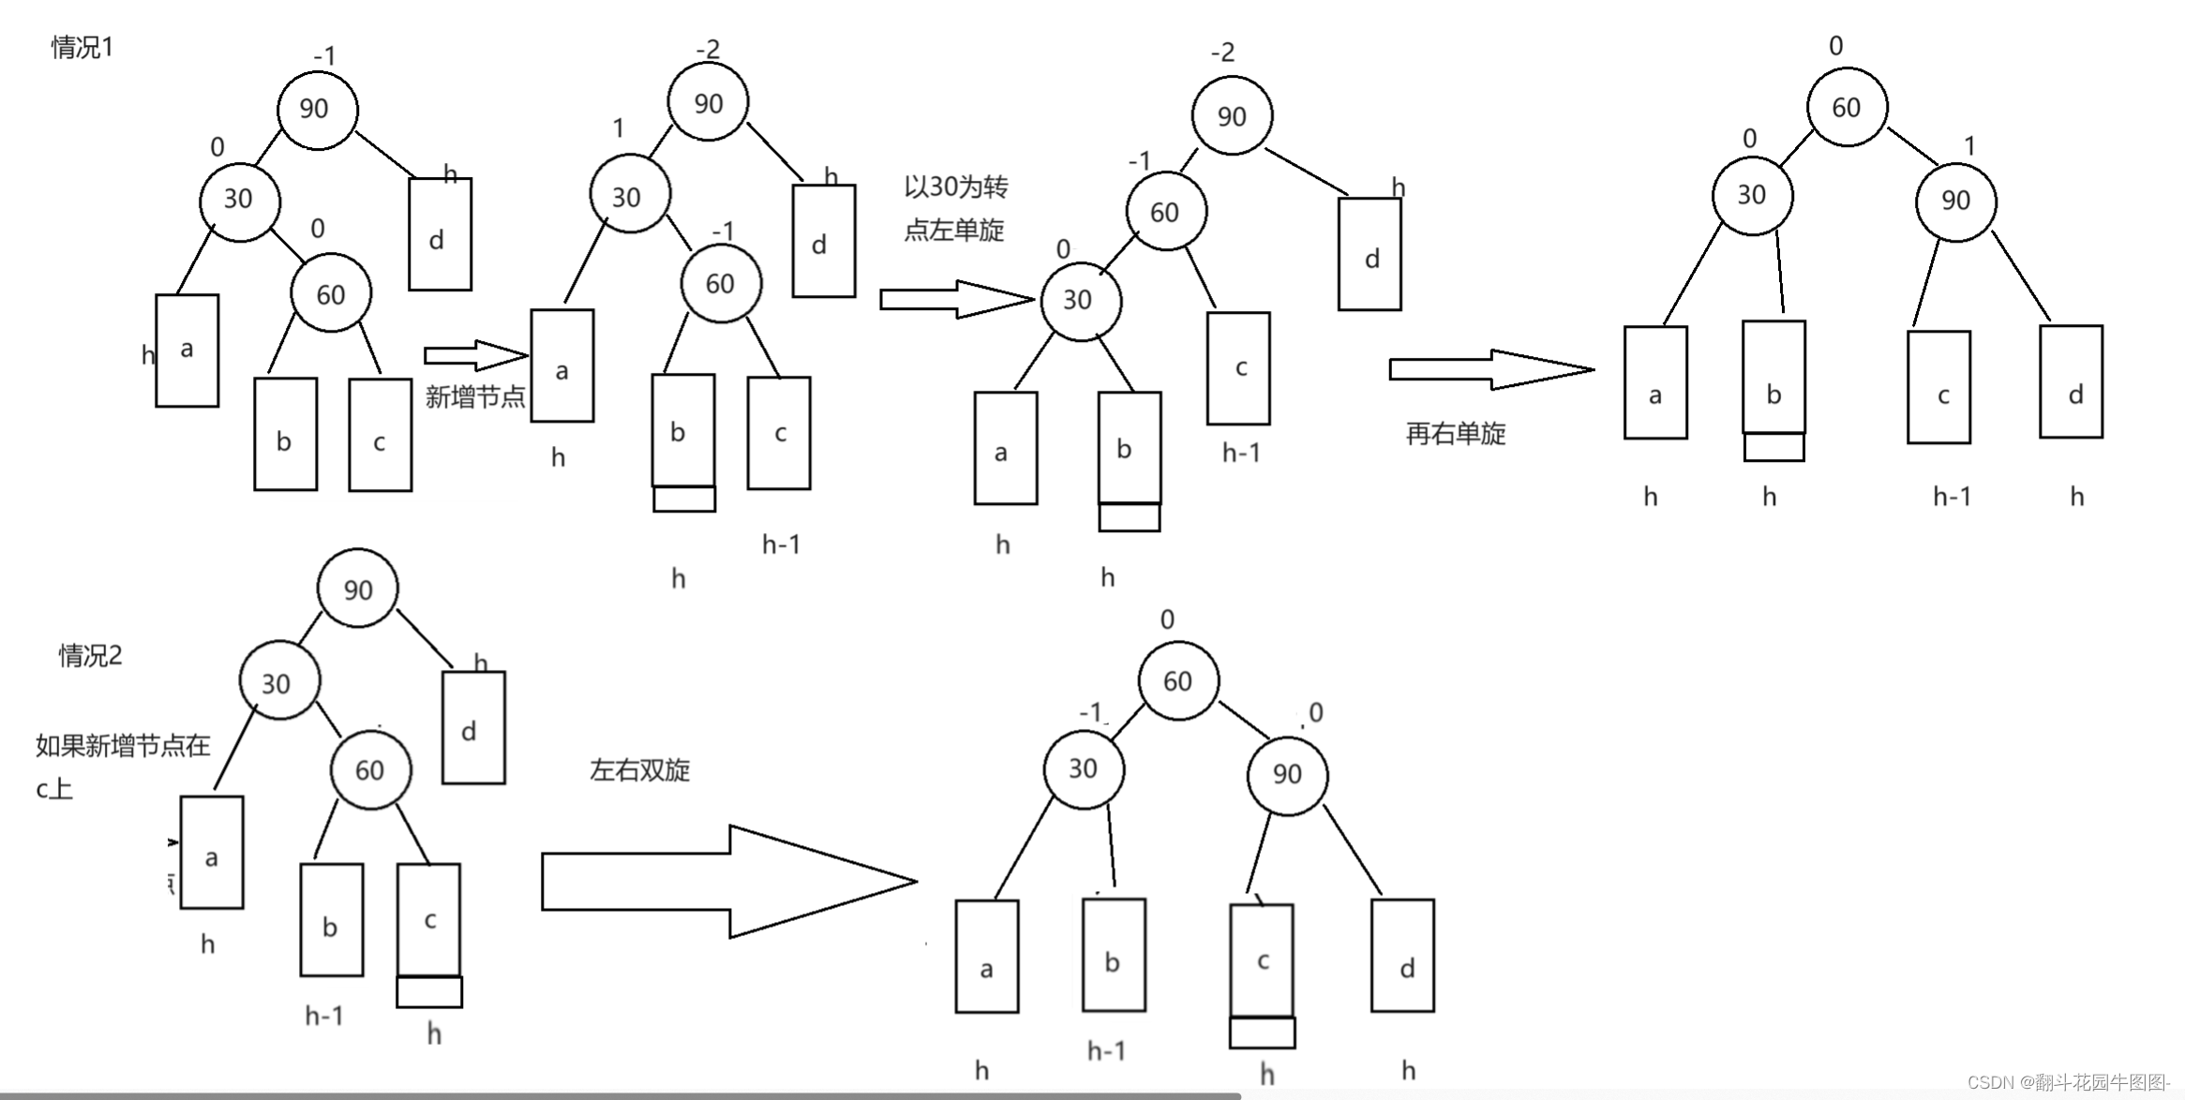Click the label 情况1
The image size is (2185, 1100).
[x=82, y=47]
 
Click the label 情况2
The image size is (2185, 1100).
[x=90, y=655]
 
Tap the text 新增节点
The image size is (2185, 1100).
[x=475, y=397]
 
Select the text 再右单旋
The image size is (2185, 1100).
[x=1456, y=433]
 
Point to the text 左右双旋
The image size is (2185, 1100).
[x=639, y=770]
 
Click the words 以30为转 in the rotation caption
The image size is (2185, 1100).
[x=955, y=187]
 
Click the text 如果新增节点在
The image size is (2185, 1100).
[x=123, y=746]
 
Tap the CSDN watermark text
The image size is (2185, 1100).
[x=2068, y=1082]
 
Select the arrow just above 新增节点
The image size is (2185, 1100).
[x=475, y=355]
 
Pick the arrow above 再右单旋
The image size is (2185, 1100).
[x=1490, y=369]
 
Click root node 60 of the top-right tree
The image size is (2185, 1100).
[x=1846, y=108]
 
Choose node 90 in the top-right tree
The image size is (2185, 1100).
[x=1955, y=201]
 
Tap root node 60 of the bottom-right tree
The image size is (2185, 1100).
[x=1178, y=681]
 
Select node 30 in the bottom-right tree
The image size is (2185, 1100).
[x=1084, y=769]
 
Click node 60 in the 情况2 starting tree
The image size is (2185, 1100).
[x=370, y=770]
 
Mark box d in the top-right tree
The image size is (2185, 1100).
[x=2071, y=382]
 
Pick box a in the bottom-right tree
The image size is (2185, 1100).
[x=986, y=957]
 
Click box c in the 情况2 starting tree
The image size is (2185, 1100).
[x=429, y=920]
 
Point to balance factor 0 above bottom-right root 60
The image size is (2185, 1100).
[x=1167, y=619]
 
